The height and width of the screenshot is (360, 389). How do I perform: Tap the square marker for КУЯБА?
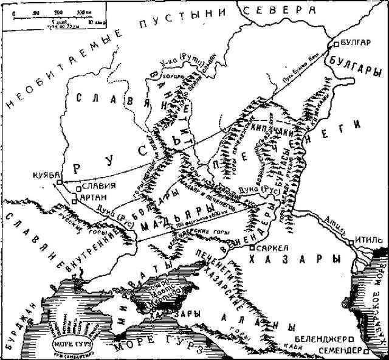pos(58,182)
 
